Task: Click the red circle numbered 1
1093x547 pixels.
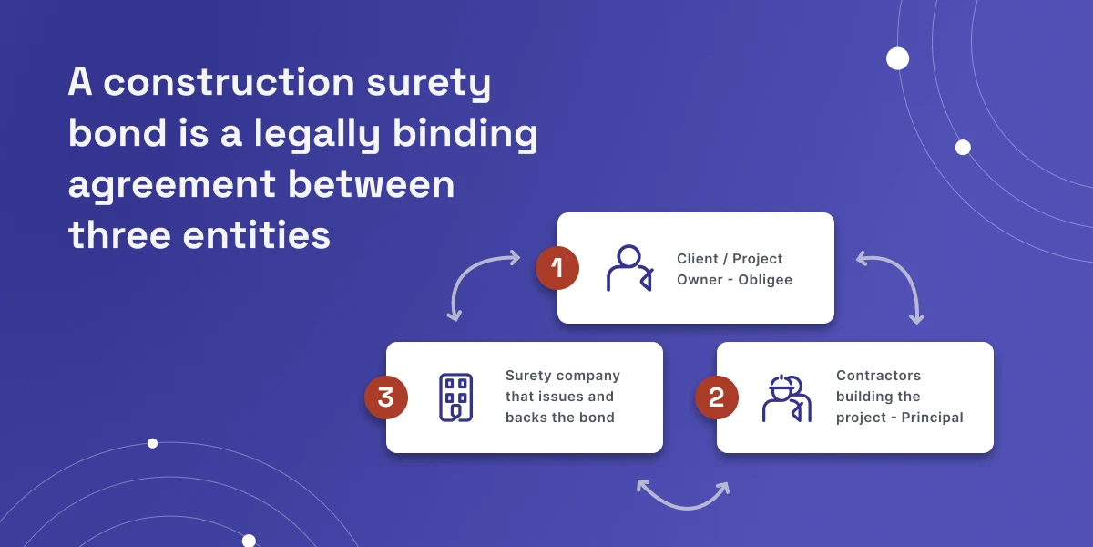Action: pyautogui.click(x=557, y=268)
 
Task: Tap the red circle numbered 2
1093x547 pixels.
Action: pyautogui.click(x=717, y=397)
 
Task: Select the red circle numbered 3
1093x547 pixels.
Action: pyautogui.click(x=386, y=397)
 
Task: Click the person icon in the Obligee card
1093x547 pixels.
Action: pyautogui.click(x=628, y=268)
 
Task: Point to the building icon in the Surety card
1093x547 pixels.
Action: pyautogui.click(x=455, y=397)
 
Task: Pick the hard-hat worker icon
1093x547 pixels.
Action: pyautogui.click(x=786, y=397)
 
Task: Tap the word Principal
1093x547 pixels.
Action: pyautogui.click(x=933, y=418)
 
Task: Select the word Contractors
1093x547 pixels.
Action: pyautogui.click(x=878, y=376)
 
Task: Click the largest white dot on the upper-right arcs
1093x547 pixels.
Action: pyautogui.click(x=898, y=58)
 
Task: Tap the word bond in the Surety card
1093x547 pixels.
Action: pyautogui.click(x=597, y=418)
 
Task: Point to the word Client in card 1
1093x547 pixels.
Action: pyautogui.click(x=698, y=259)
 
